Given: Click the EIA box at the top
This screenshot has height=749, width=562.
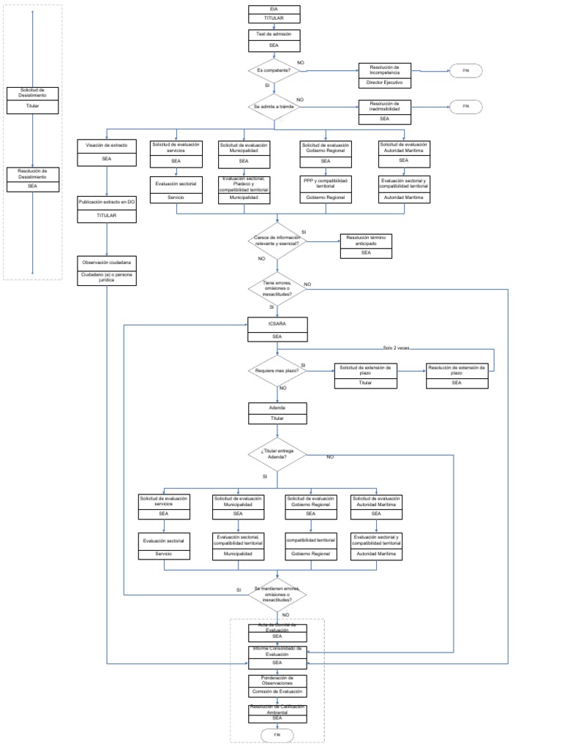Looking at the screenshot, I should coord(274,8).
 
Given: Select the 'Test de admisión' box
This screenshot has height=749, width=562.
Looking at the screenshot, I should coord(274,34).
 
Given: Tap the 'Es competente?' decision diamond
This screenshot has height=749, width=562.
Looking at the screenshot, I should coord(274,71).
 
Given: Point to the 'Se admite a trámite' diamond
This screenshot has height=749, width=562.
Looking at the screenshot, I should coord(274,107).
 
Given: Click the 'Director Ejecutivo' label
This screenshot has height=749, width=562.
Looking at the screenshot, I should coord(384,83).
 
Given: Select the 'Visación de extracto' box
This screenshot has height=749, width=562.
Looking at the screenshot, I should coord(107,146).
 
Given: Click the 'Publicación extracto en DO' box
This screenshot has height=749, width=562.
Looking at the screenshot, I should coord(107,200).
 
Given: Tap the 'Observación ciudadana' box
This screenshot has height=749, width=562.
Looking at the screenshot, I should coord(107,261).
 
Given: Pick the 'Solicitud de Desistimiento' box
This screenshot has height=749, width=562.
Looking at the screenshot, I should coord(33,94).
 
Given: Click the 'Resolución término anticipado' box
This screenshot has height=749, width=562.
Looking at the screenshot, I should coord(366,241).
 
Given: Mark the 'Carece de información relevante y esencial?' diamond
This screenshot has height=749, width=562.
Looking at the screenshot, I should coord(277,241).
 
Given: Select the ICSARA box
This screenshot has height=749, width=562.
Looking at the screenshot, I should coord(277,323).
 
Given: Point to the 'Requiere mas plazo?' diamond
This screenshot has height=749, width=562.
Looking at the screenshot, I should coord(277,372).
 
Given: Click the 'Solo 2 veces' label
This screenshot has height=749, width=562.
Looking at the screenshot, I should coord(397,348).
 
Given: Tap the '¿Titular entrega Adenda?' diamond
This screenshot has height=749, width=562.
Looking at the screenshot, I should coord(277,454).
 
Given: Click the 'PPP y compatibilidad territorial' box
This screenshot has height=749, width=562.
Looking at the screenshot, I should coord(326,183).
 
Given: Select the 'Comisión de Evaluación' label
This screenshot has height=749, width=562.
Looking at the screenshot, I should coord(277,692).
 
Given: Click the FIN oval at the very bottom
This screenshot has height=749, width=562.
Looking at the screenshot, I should coord(277,735).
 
